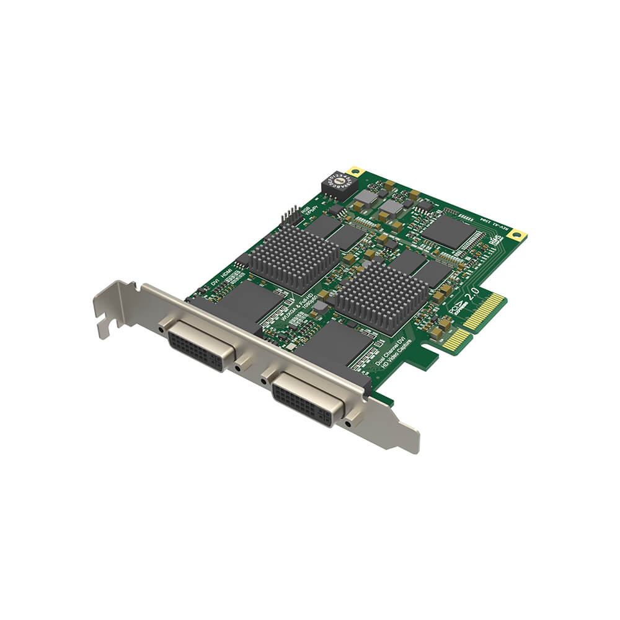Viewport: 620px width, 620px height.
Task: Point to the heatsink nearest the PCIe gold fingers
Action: [379, 296]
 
